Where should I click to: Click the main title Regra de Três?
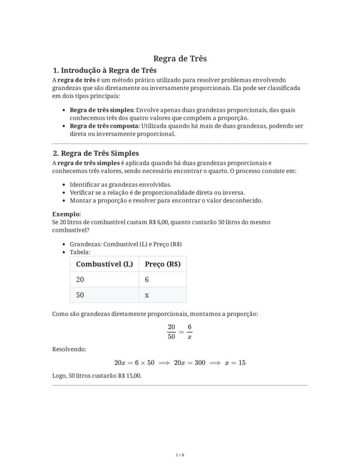tap(180, 59)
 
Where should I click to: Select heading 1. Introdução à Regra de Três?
tap(104, 70)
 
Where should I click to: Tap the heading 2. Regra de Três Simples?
tap(96, 153)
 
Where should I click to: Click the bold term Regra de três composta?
tap(105, 126)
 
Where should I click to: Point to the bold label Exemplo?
tap(67, 214)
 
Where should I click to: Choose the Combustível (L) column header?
tap(104, 264)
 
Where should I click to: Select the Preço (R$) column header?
tap(163, 264)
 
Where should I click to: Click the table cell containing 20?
tap(80, 280)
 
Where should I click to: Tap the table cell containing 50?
tap(80, 295)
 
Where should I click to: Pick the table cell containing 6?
tap(147, 280)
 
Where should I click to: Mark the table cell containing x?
tap(147, 295)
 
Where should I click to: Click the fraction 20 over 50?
tap(171, 332)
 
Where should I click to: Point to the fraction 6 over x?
tap(190, 332)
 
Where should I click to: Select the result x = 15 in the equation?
tap(235, 363)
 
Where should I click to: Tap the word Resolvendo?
tap(69, 349)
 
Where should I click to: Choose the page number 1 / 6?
tap(180, 455)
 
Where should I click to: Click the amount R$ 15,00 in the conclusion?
tap(129, 376)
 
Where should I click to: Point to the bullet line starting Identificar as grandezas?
tap(120, 184)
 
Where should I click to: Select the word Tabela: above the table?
tap(80, 252)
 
